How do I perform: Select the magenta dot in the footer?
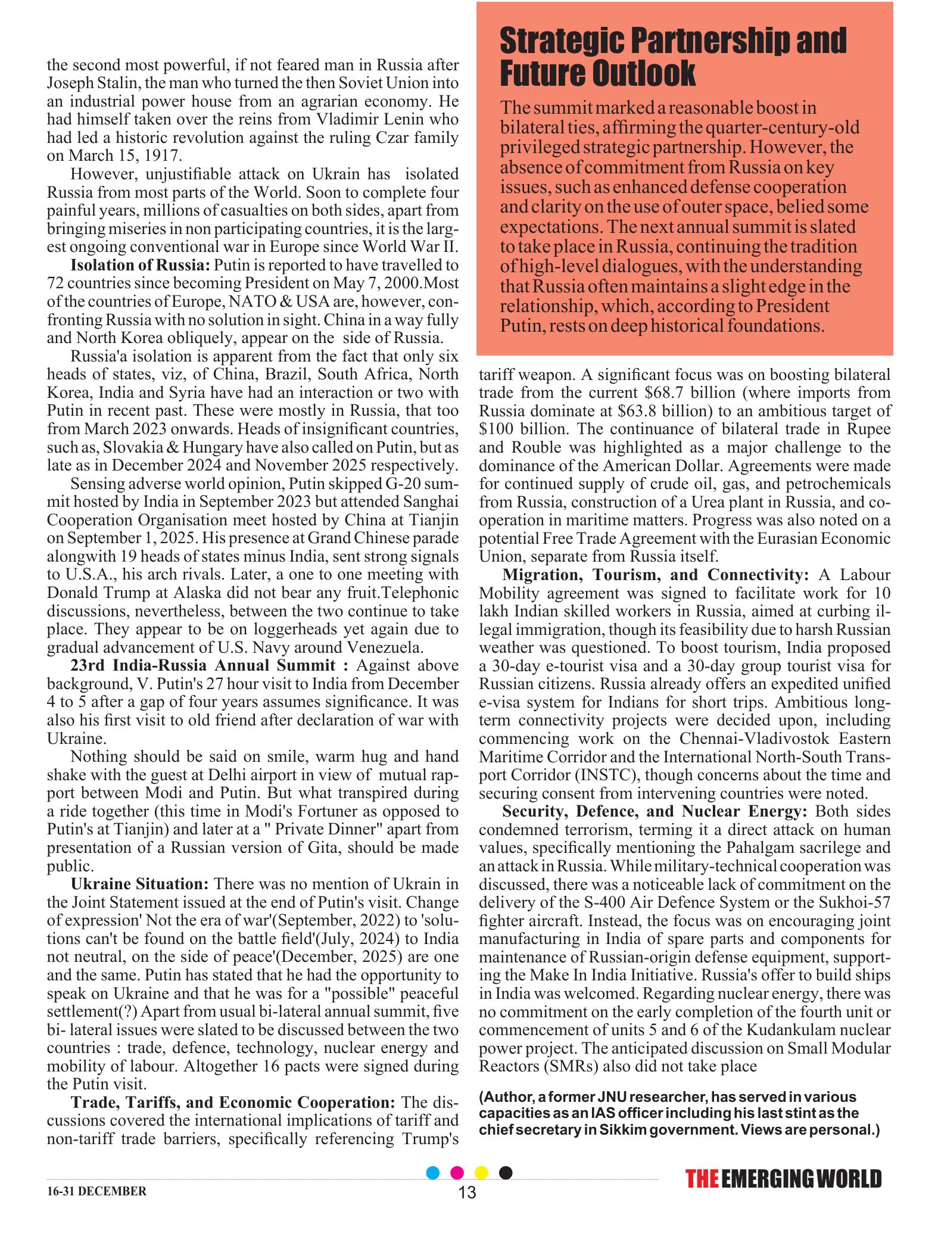click(457, 1189)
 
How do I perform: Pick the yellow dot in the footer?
click(481, 1189)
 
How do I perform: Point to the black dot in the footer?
click(505, 1189)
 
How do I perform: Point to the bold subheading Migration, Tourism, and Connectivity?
click(656, 575)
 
